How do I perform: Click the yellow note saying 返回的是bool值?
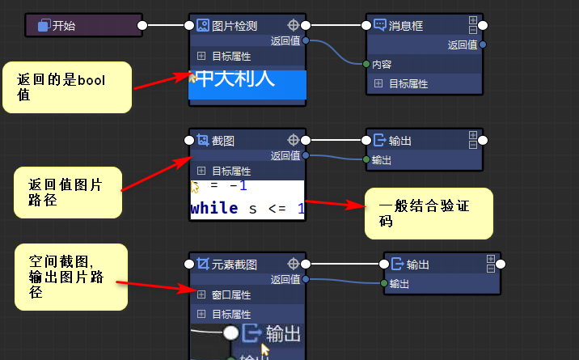(x=66, y=87)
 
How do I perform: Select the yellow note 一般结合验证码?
(x=429, y=213)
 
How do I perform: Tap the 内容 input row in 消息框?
(x=383, y=65)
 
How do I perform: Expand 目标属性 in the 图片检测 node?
(x=202, y=57)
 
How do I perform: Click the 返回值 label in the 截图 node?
(x=285, y=156)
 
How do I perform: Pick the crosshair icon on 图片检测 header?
(x=294, y=26)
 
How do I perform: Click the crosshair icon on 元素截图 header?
(x=294, y=265)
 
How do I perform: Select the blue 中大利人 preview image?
(x=247, y=85)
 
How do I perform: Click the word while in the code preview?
(x=214, y=209)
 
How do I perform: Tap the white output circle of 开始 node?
(x=142, y=26)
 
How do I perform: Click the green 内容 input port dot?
(x=366, y=65)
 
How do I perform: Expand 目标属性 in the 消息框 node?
(x=378, y=83)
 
